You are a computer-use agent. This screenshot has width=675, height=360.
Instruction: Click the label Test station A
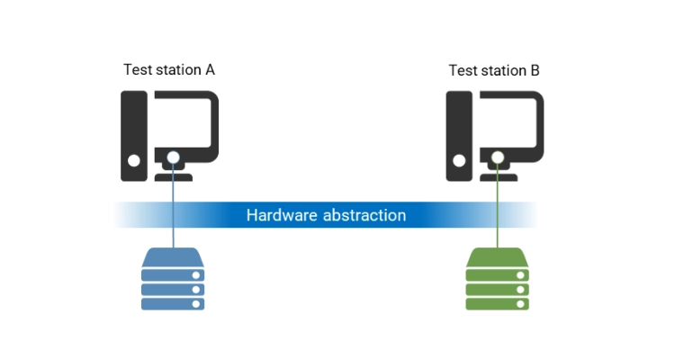pyautogui.click(x=169, y=69)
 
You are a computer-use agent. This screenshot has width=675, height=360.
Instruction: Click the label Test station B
pyautogui.click(x=494, y=69)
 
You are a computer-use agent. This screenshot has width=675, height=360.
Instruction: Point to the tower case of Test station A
pyautogui.click(x=134, y=135)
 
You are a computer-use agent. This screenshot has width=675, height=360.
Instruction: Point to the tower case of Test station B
pyautogui.click(x=459, y=135)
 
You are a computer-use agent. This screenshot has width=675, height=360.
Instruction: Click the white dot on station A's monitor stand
pyautogui.click(x=173, y=157)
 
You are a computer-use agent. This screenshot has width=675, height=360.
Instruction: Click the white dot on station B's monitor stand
pyautogui.click(x=498, y=157)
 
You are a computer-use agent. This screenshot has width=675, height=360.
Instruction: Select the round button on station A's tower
pyautogui.click(x=133, y=163)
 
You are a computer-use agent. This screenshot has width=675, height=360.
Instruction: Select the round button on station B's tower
pyautogui.click(x=458, y=163)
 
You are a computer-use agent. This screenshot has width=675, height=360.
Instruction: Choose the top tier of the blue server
pyautogui.click(x=173, y=261)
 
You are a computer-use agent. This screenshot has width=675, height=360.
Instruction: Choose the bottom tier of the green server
pyautogui.click(x=497, y=303)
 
